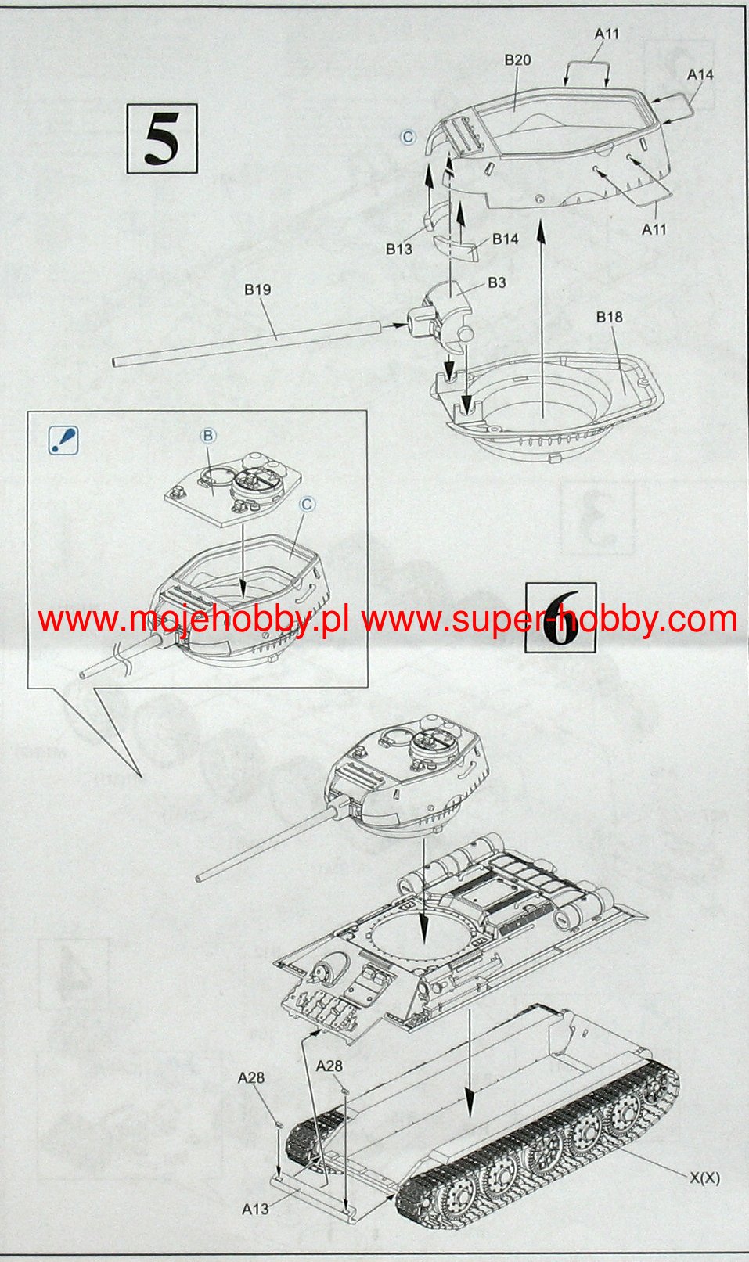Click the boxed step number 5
point(162,138)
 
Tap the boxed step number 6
point(560,618)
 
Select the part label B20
point(517,59)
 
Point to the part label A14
point(700,74)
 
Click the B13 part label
point(399,249)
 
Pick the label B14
point(505,239)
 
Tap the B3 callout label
point(496,282)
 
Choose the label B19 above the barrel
point(257,289)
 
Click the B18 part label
point(609,317)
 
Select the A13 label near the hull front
point(255,1209)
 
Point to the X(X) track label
point(705,1178)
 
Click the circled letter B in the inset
point(208,436)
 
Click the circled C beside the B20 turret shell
point(408,137)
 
